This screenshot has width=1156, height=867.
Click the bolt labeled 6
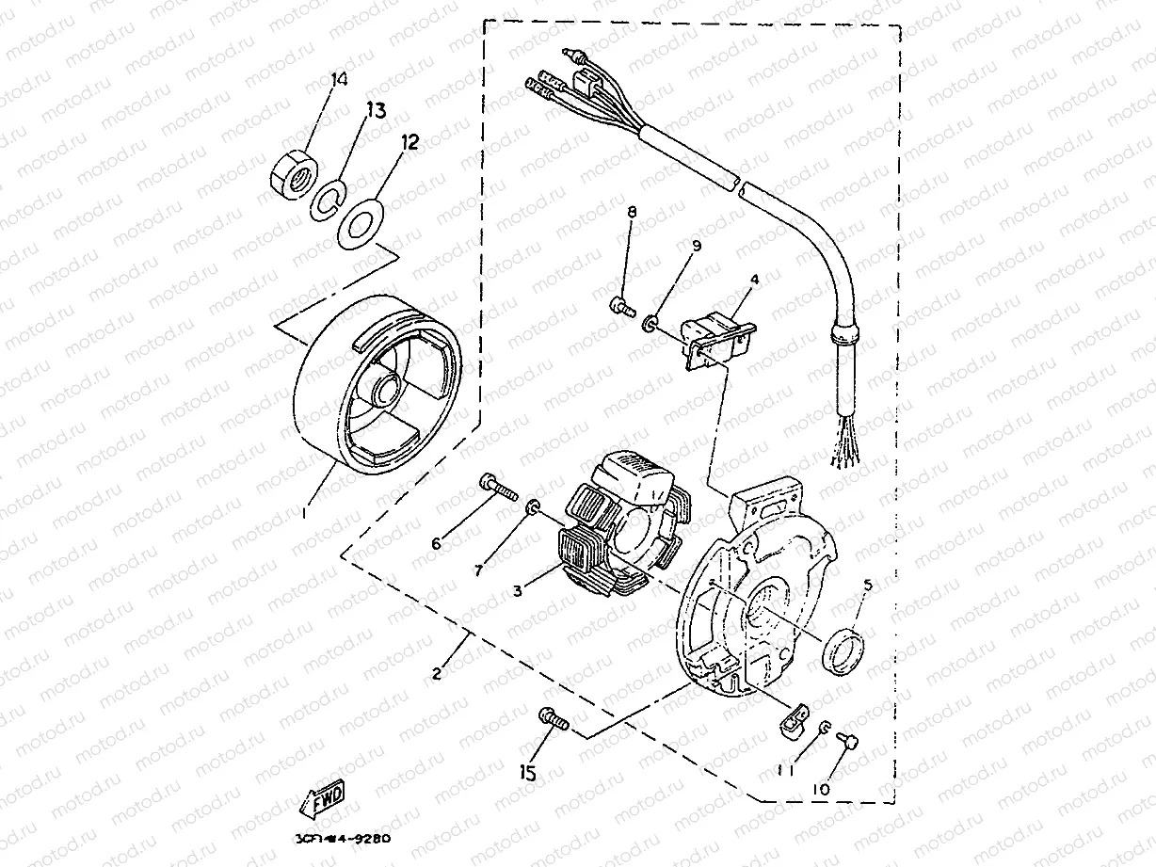[x=498, y=486]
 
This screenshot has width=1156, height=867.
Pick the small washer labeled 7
[x=533, y=508]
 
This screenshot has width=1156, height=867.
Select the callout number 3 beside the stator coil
[x=518, y=591]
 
